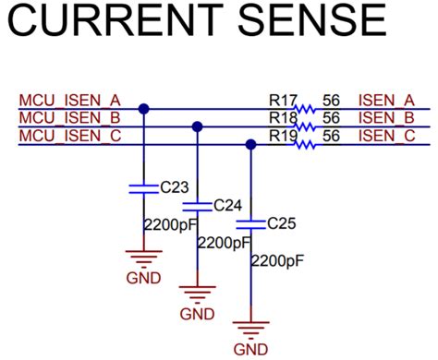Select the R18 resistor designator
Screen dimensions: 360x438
point(281,117)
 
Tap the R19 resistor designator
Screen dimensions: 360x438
point(281,135)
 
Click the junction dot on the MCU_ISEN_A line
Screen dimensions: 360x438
point(143,109)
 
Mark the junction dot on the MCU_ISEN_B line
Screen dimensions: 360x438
point(196,126)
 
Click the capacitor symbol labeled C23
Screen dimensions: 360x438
point(143,187)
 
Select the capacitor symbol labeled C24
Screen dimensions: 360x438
point(196,206)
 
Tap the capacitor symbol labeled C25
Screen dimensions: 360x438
point(249,224)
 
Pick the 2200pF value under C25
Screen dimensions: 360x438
point(277,261)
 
